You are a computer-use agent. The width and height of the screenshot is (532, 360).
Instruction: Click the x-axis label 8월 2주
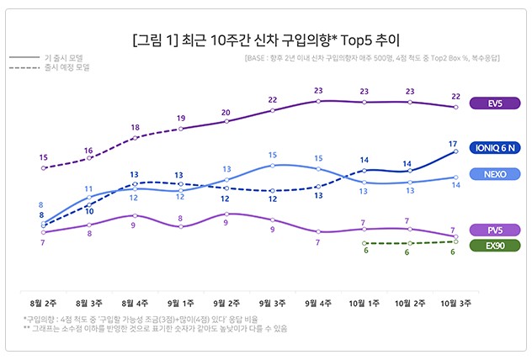(43, 299)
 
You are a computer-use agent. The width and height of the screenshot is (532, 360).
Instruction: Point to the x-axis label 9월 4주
(318, 299)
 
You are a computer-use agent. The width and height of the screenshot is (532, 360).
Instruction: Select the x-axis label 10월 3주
(455, 299)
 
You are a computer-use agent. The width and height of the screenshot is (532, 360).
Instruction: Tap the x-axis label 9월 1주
(180, 299)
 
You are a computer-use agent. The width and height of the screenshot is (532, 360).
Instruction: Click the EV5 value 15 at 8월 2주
(43, 157)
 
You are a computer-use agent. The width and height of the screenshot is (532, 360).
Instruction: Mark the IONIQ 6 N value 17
(454, 143)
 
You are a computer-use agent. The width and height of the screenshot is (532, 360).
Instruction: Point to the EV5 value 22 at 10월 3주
(455, 96)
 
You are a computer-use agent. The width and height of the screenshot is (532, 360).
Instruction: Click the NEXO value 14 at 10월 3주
(455, 185)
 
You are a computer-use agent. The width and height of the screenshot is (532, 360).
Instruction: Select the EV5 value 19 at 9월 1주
(180, 118)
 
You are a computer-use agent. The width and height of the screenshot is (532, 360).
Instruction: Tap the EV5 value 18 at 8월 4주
(135, 127)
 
